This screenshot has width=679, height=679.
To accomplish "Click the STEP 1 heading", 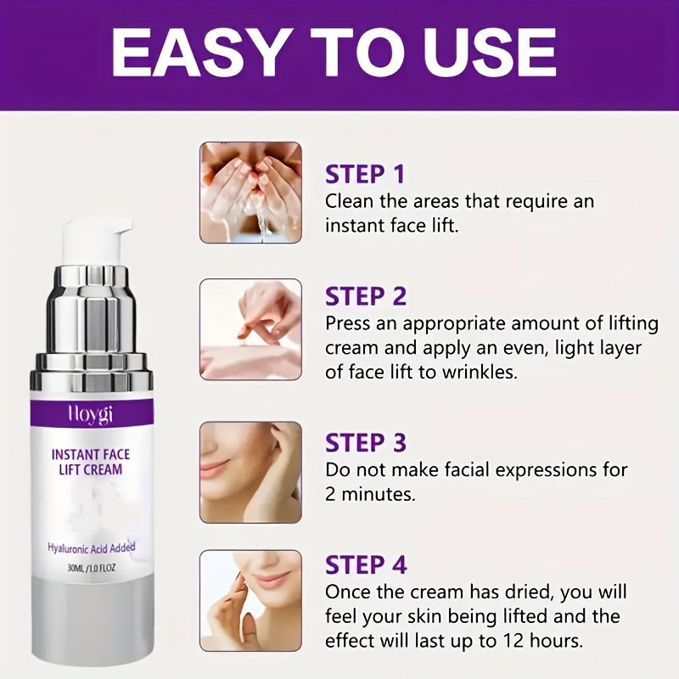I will coord(366,174).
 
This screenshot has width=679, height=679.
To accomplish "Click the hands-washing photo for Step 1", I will coord(250,193).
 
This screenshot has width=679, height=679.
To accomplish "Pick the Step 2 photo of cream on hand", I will coord(250,329).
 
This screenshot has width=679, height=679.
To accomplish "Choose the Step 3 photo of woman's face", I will coord(250,472).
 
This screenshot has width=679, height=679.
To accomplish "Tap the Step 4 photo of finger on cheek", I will coord(250,601).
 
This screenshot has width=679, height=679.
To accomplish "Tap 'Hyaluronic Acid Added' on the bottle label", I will coord(91,547).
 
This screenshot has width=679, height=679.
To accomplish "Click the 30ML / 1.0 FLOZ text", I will coord(91,570).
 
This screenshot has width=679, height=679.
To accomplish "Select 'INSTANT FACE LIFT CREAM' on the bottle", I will coord(90,463).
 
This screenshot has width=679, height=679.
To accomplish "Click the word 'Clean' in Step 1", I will coord(351,202).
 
